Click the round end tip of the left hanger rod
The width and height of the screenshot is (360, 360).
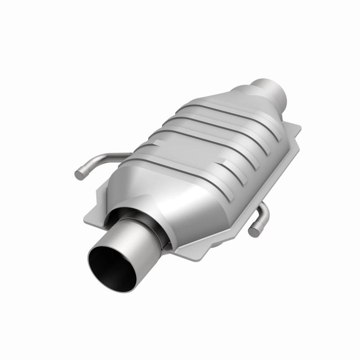pyautogui.click(x=79, y=175)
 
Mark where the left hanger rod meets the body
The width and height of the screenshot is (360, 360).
pyautogui.click(x=129, y=154)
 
